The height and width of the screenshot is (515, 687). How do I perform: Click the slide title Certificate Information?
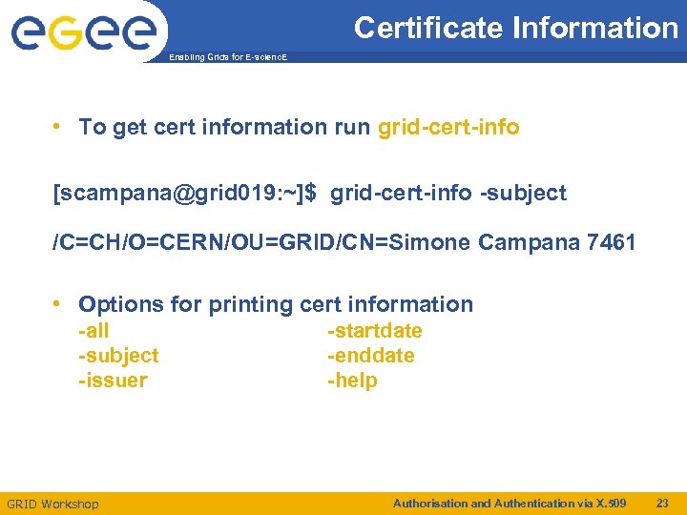coord(515,28)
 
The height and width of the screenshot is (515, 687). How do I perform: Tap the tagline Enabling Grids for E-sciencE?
coord(226,58)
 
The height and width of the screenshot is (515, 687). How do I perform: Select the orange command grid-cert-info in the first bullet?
coord(448,127)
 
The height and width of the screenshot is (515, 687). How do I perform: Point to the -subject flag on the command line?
coord(523,193)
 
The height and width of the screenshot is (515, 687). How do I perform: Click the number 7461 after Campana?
coord(612,242)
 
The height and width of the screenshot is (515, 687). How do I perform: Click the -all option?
coord(94,331)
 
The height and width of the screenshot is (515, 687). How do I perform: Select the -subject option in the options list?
coord(118,356)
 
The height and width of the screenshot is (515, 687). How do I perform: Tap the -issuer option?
coord(113,381)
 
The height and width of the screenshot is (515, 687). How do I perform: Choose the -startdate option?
coord(374,331)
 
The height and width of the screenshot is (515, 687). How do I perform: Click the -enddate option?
coord(370,356)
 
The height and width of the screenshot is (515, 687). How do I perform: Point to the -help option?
coord(352,381)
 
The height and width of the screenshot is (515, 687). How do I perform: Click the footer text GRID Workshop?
coord(52,504)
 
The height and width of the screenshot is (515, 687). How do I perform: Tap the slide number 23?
coord(662,503)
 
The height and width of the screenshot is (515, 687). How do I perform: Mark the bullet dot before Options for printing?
coord(59,304)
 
